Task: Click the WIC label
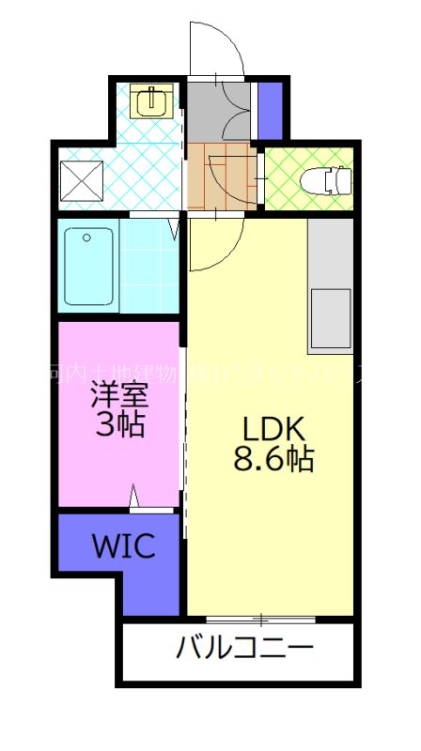tap(122, 545)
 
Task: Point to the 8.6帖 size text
tap(273, 460)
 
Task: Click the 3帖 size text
tap(120, 425)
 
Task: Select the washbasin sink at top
tap(150, 100)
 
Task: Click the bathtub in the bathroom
tap(90, 266)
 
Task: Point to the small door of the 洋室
tap(137, 496)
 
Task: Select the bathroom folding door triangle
tap(174, 228)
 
